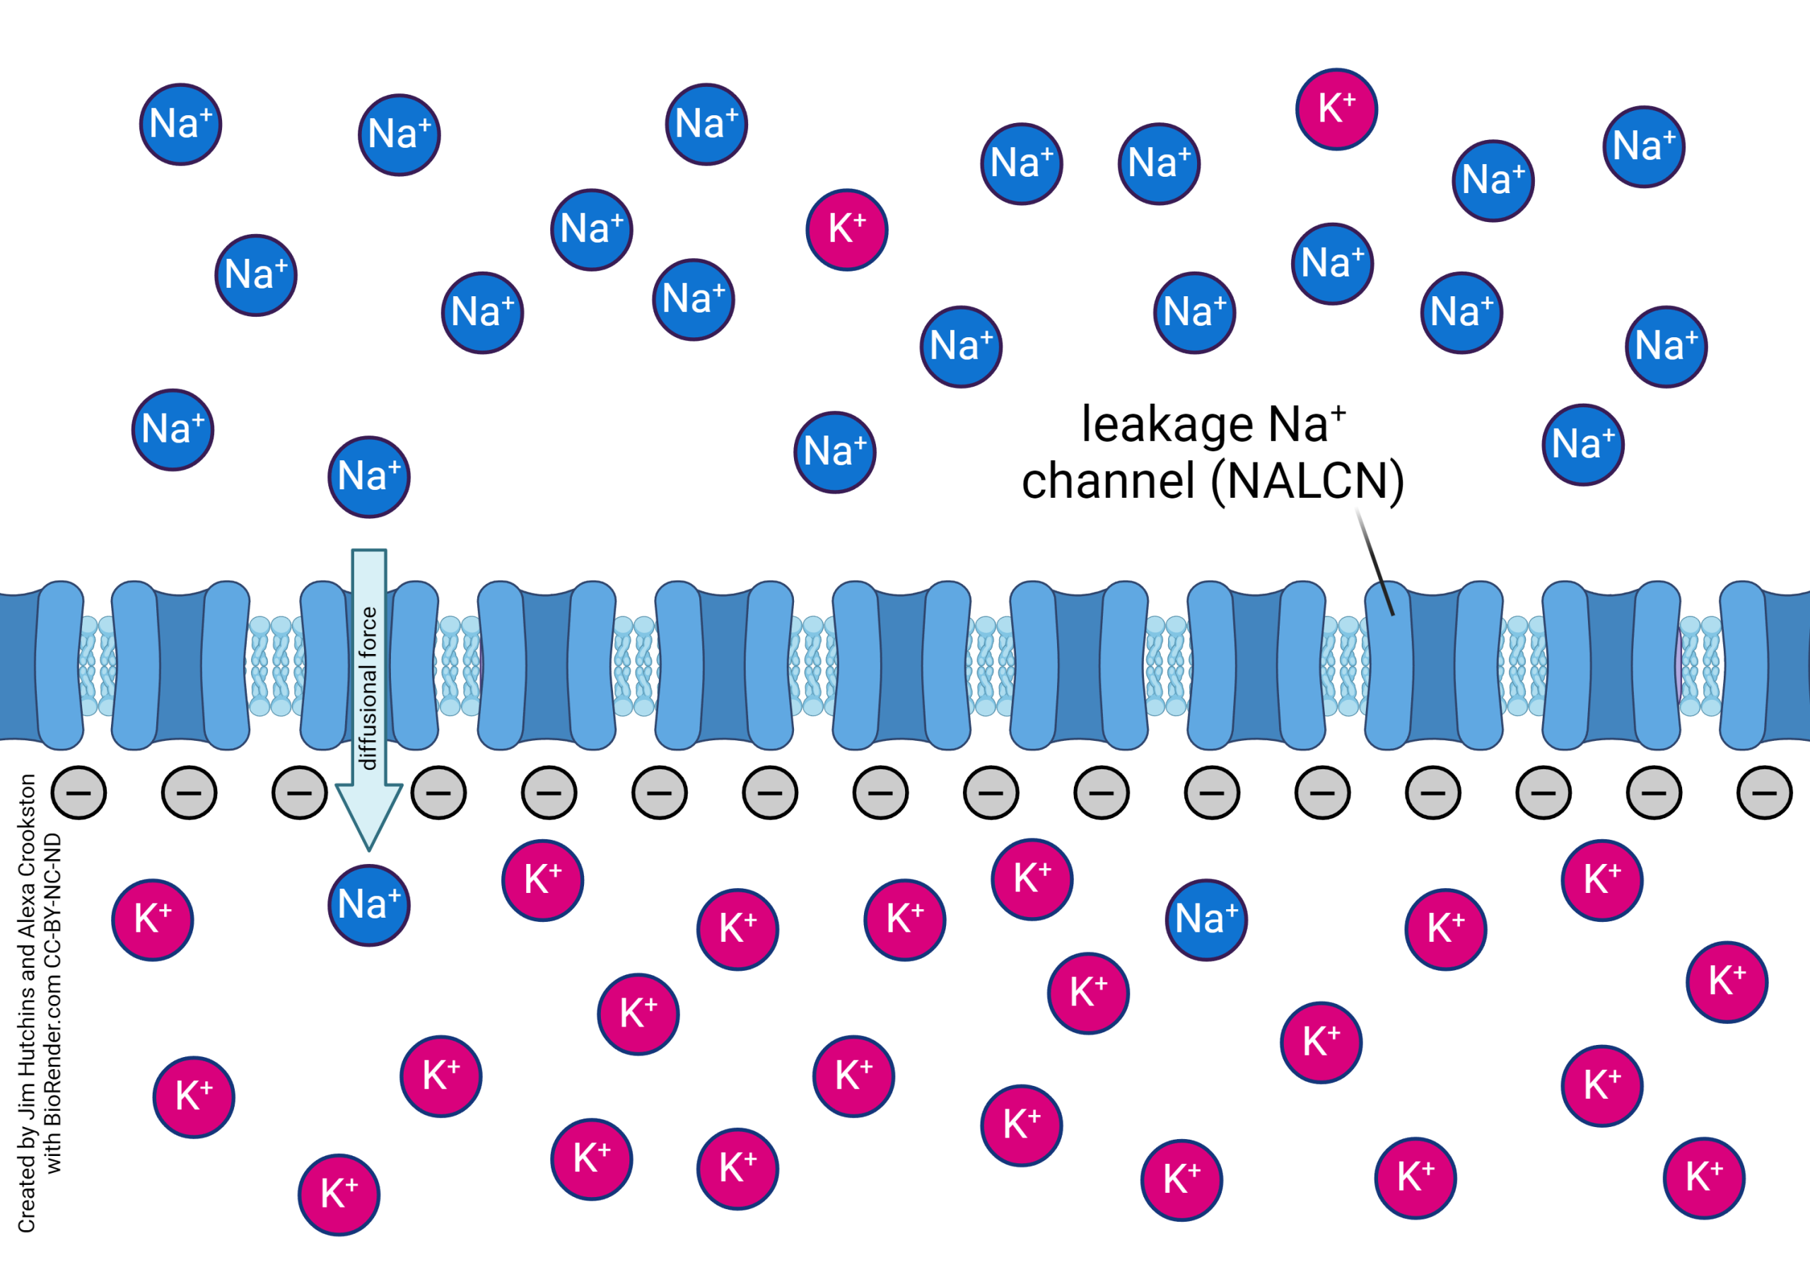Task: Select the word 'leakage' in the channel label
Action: click(x=1166, y=426)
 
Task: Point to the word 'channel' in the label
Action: click(x=1108, y=481)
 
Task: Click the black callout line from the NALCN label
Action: click(x=1375, y=561)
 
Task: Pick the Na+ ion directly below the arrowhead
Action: click(x=369, y=905)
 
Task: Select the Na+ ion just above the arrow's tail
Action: click(x=369, y=477)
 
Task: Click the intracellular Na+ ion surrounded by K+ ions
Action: click(x=1206, y=919)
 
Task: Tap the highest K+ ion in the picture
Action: click(x=1336, y=109)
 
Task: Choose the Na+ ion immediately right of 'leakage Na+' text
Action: click(x=1582, y=445)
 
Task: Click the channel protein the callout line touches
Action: click(x=1433, y=666)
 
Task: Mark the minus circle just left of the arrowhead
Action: click(x=300, y=793)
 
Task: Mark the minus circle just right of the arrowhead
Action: click(x=438, y=793)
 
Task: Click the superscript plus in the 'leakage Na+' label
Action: click(x=1338, y=411)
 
